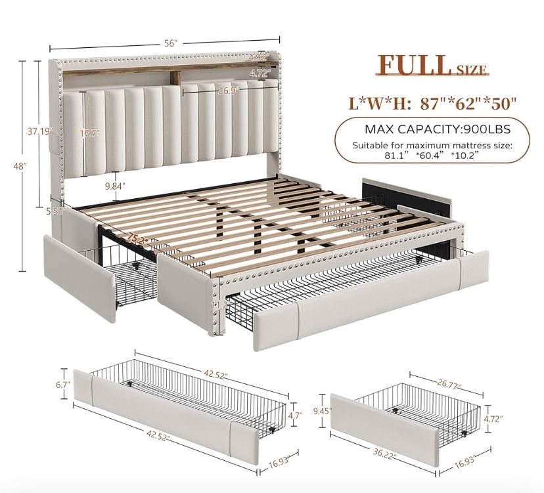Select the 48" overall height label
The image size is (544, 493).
(20, 166)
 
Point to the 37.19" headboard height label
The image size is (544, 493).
(41, 131)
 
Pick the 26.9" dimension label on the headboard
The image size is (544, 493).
(229, 91)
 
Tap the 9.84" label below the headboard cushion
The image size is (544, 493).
(115, 186)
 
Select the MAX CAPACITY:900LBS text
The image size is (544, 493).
(438, 129)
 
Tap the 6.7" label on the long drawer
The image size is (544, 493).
(64, 384)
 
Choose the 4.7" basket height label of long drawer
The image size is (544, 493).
(296, 414)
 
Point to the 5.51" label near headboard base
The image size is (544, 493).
(55, 211)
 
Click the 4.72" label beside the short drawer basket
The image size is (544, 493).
(493, 419)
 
